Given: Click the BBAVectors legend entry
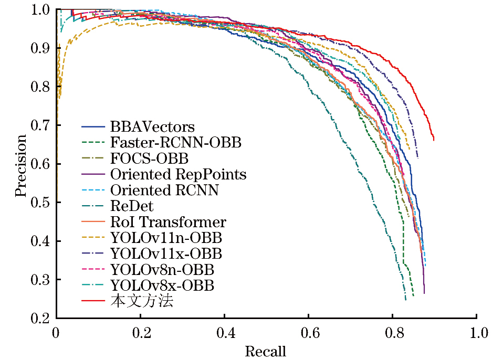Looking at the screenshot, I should (x=152, y=127).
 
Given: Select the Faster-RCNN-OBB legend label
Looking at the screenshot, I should (x=176, y=143).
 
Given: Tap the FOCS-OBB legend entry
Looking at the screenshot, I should (x=149, y=158).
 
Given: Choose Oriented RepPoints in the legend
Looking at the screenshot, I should (x=179, y=174).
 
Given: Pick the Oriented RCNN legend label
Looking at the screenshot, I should (x=164, y=190).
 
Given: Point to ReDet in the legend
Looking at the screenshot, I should (x=132, y=206).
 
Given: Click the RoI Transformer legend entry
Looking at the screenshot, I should (x=168, y=222).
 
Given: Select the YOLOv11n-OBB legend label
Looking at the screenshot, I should (x=166, y=238).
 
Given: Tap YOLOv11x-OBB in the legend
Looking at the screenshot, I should (x=166, y=254).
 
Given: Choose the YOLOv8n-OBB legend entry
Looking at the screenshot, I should (x=162, y=270).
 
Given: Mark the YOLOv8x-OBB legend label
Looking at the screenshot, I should (x=162, y=285).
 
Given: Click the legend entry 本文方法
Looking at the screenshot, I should (x=142, y=302).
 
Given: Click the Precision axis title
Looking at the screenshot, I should (x=20, y=165).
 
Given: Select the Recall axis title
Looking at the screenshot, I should (x=266, y=351).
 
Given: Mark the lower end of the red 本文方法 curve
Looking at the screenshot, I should (x=434, y=140).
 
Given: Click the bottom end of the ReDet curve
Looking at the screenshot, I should (x=406, y=300).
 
